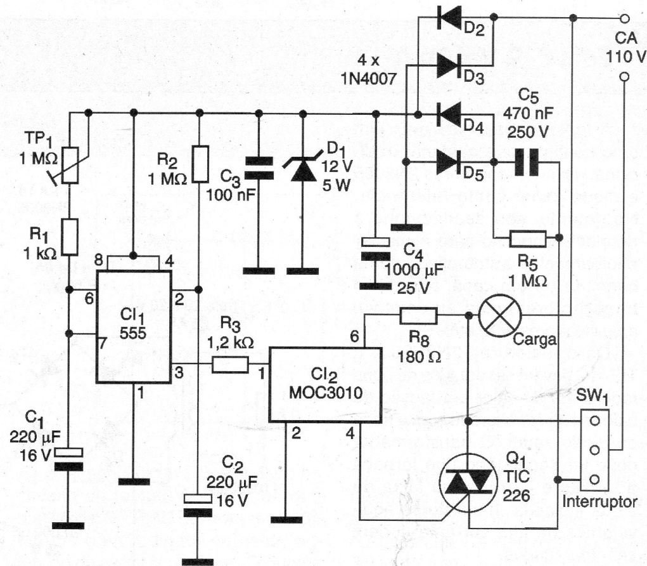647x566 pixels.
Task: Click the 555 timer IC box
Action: pyautogui.click(x=134, y=327)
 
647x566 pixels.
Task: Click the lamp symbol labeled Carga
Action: pyautogui.click(x=499, y=315)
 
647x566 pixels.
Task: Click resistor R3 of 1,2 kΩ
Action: pyautogui.click(x=229, y=365)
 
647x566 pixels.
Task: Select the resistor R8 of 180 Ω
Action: pyautogui.click(x=418, y=315)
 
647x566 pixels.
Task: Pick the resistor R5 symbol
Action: pyautogui.click(x=527, y=239)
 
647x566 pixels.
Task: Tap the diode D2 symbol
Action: pyautogui.click(x=449, y=18)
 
